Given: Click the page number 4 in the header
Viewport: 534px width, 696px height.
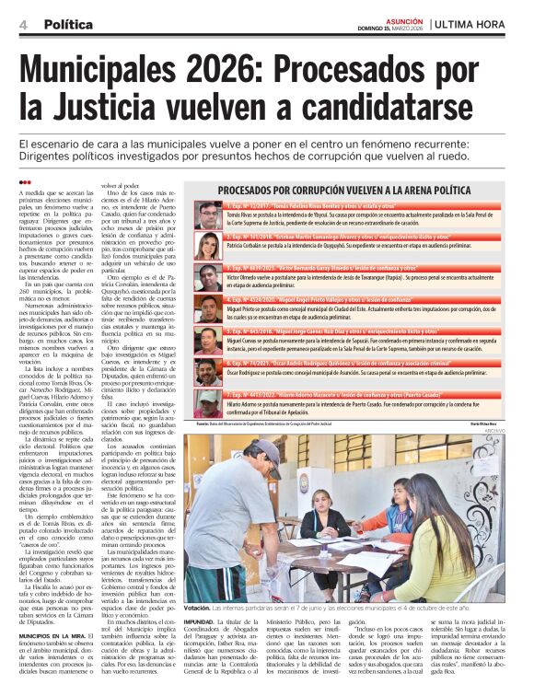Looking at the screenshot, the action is (22, 24).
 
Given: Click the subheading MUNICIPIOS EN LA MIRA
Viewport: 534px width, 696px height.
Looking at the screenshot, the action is (57, 558).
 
